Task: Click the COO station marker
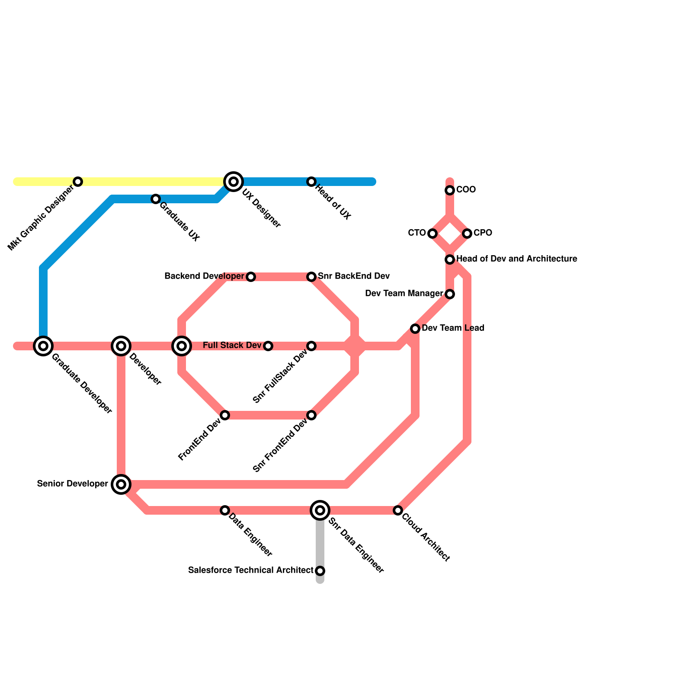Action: [450, 190]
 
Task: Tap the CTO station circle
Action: [432, 234]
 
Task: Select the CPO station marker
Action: [467, 234]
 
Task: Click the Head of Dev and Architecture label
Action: [516, 259]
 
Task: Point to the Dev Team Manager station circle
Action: [450, 294]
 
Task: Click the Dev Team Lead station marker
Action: [415, 329]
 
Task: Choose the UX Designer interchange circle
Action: [234, 182]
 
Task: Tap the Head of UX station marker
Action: [311, 182]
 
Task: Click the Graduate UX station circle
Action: [156, 199]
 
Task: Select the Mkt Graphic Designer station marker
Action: [78, 182]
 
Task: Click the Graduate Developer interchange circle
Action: [43, 346]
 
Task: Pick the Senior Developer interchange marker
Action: [121, 484]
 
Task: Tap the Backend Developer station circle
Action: [251, 277]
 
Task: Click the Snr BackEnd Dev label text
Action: [354, 276]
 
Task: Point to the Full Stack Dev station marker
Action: [268, 346]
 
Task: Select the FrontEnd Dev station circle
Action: [225, 415]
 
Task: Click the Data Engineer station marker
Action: [225, 510]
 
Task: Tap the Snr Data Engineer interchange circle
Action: [320, 510]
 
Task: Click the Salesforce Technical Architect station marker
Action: [320, 571]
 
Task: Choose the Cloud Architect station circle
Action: [398, 510]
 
